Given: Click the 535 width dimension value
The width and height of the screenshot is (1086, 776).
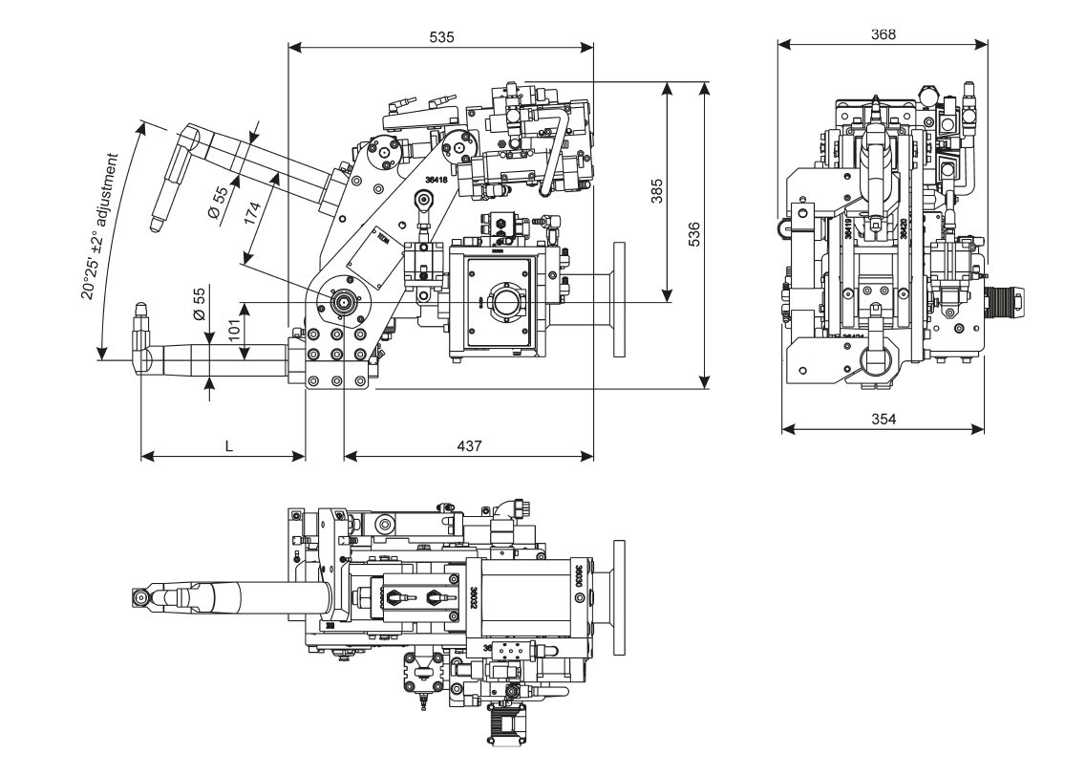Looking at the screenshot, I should (441, 37).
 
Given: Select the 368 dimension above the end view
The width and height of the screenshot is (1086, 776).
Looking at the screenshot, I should (884, 33).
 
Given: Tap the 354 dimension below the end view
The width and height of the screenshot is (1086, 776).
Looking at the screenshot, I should (883, 418).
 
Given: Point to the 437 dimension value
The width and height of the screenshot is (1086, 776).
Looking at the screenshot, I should (469, 445).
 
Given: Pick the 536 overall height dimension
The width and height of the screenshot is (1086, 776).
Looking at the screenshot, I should (694, 235).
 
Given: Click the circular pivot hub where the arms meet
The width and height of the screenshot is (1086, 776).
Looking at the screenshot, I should (341, 302).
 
